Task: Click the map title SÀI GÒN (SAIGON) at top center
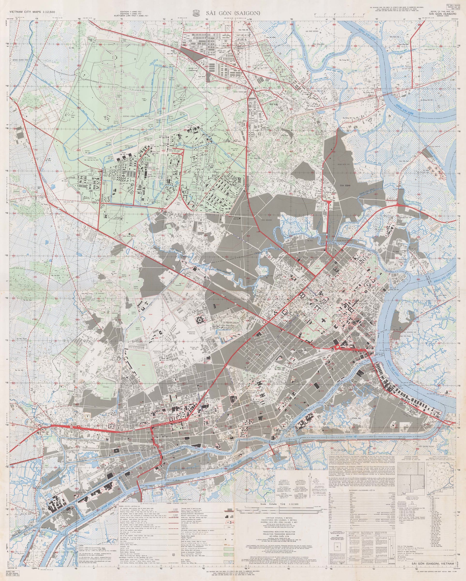click(233, 13)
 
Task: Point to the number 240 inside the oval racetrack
click(143, 365)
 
